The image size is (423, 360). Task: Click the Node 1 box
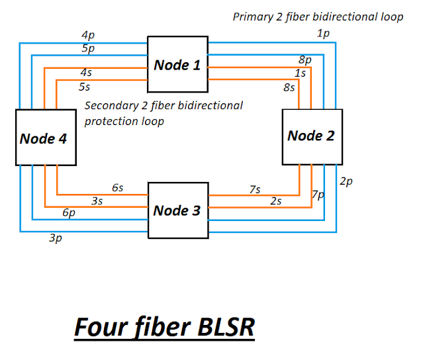(x=178, y=64)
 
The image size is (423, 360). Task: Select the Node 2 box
(x=312, y=137)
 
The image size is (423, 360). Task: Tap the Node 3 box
(x=178, y=210)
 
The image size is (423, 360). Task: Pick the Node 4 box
(x=46, y=138)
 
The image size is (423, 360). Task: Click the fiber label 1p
(x=323, y=34)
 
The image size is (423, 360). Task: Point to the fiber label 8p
(x=305, y=60)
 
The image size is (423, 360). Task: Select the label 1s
(x=301, y=73)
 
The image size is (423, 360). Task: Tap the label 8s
(x=289, y=87)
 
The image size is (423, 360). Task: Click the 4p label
(x=88, y=35)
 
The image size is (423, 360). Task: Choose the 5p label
(x=88, y=48)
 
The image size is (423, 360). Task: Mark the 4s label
(x=86, y=72)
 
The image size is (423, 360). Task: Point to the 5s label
(x=85, y=87)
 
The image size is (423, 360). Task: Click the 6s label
(x=118, y=188)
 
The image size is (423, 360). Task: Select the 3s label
(x=97, y=201)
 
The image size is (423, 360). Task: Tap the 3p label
(x=56, y=238)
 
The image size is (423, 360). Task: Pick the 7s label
(x=255, y=189)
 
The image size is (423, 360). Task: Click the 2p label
(x=346, y=181)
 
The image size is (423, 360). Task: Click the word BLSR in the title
(x=226, y=327)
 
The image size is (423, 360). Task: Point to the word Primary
(x=253, y=17)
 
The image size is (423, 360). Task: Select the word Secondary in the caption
(x=112, y=106)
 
